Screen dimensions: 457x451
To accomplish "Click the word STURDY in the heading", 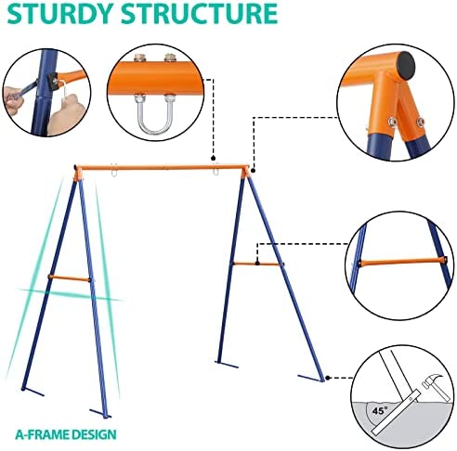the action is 59,13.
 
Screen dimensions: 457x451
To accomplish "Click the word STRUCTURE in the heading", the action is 199,13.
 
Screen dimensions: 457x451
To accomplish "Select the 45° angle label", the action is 380,411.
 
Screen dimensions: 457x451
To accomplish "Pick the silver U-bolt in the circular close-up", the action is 154,113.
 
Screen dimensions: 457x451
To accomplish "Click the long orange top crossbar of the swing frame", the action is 163,168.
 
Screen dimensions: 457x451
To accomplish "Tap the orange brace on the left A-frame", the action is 70,277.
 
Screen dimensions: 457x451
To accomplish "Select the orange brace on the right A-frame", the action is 258,264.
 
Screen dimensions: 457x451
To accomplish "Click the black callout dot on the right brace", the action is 257,264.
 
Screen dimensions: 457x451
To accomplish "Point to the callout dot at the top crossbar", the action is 213,159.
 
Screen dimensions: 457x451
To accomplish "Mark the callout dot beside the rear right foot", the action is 328,378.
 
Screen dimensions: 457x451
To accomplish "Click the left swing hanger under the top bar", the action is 114,171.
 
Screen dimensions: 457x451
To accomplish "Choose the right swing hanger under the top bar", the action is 215,170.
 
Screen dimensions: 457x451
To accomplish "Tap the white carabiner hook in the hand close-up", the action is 63,92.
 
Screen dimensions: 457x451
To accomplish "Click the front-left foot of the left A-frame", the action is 33,392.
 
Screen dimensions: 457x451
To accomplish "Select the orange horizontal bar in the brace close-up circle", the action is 402,262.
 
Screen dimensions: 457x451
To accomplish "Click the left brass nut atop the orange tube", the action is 140,58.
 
